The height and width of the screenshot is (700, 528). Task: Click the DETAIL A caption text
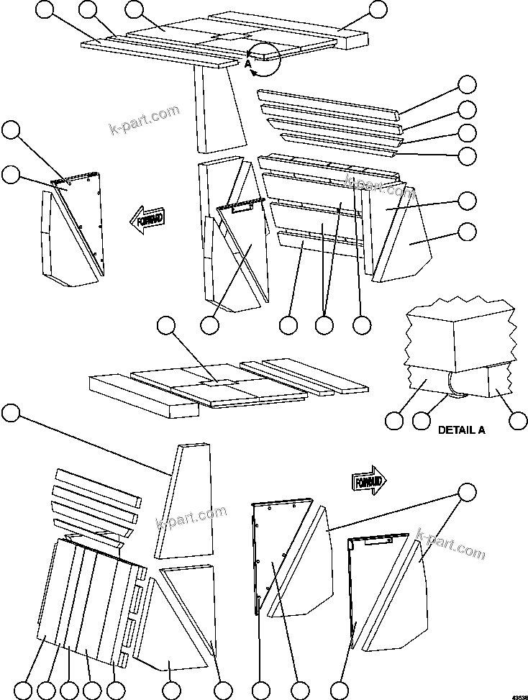(462, 430)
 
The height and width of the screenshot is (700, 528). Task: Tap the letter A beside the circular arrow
(247, 64)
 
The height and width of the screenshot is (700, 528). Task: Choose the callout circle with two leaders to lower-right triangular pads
(467, 494)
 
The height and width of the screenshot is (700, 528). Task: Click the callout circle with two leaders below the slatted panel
(324, 325)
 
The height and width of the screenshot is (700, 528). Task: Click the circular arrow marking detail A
(265, 58)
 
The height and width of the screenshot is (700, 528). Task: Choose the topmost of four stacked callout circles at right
(468, 84)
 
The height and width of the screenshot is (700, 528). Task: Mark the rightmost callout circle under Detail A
(518, 420)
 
